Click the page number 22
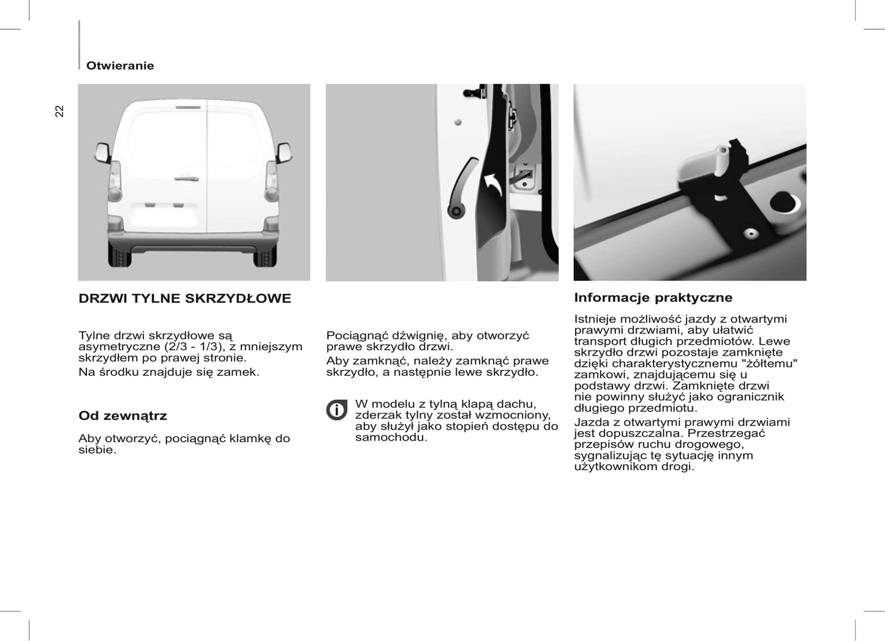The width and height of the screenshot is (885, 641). click(x=59, y=111)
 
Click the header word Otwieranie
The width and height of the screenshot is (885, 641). click(x=120, y=66)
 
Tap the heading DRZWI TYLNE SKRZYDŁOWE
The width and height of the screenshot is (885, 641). click(x=184, y=299)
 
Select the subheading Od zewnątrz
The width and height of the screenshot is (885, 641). click(x=122, y=416)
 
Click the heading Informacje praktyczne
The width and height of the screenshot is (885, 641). click(x=653, y=298)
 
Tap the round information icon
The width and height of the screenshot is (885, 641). click(x=336, y=410)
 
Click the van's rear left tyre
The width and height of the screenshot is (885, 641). click(x=119, y=256)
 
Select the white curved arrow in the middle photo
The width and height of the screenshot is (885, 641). click(x=494, y=184)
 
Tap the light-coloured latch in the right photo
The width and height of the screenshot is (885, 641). click(x=704, y=162)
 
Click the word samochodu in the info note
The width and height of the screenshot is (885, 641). click(x=391, y=437)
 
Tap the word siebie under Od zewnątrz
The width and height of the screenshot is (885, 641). click(x=97, y=450)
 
